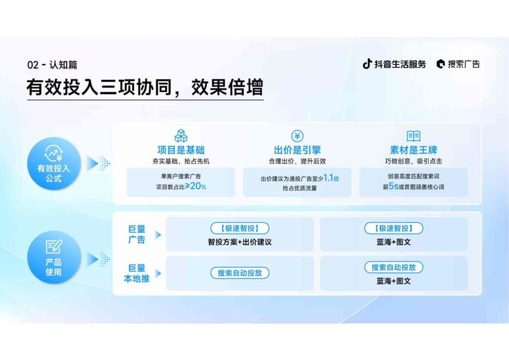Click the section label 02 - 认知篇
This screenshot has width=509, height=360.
pyautogui.click(x=52, y=65)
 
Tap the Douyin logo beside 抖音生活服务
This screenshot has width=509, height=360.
pyautogui.click(x=367, y=64)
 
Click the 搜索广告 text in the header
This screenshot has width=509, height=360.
pyautogui.click(x=463, y=64)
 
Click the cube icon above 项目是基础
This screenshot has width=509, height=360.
pyautogui.click(x=181, y=135)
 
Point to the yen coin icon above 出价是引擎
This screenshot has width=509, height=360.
pyautogui.click(x=297, y=135)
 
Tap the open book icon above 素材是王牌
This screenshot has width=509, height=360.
pyautogui.click(x=414, y=135)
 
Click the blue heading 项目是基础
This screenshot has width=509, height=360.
pyautogui.click(x=181, y=150)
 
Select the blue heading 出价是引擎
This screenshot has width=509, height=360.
pyautogui.click(x=297, y=150)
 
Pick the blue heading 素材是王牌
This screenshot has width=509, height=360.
pyautogui.click(x=414, y=150)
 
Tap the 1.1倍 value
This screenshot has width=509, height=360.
pyautogui.click(x=331, y=178)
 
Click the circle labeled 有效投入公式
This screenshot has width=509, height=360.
pyautogui.click(x=54, y=163)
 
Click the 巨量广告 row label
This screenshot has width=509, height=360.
pyautogui.click(x=137, y=234)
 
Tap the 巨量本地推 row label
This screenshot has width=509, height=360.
pyautogui.click(x=137, y=273)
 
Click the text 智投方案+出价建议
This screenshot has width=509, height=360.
pyautogui.click(x=240, y=242)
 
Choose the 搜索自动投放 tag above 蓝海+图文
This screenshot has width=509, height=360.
pyautogui.click(x=394, y=267)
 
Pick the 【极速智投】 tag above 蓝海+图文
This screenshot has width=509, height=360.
pyautogui.click(x=394, y=228)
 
